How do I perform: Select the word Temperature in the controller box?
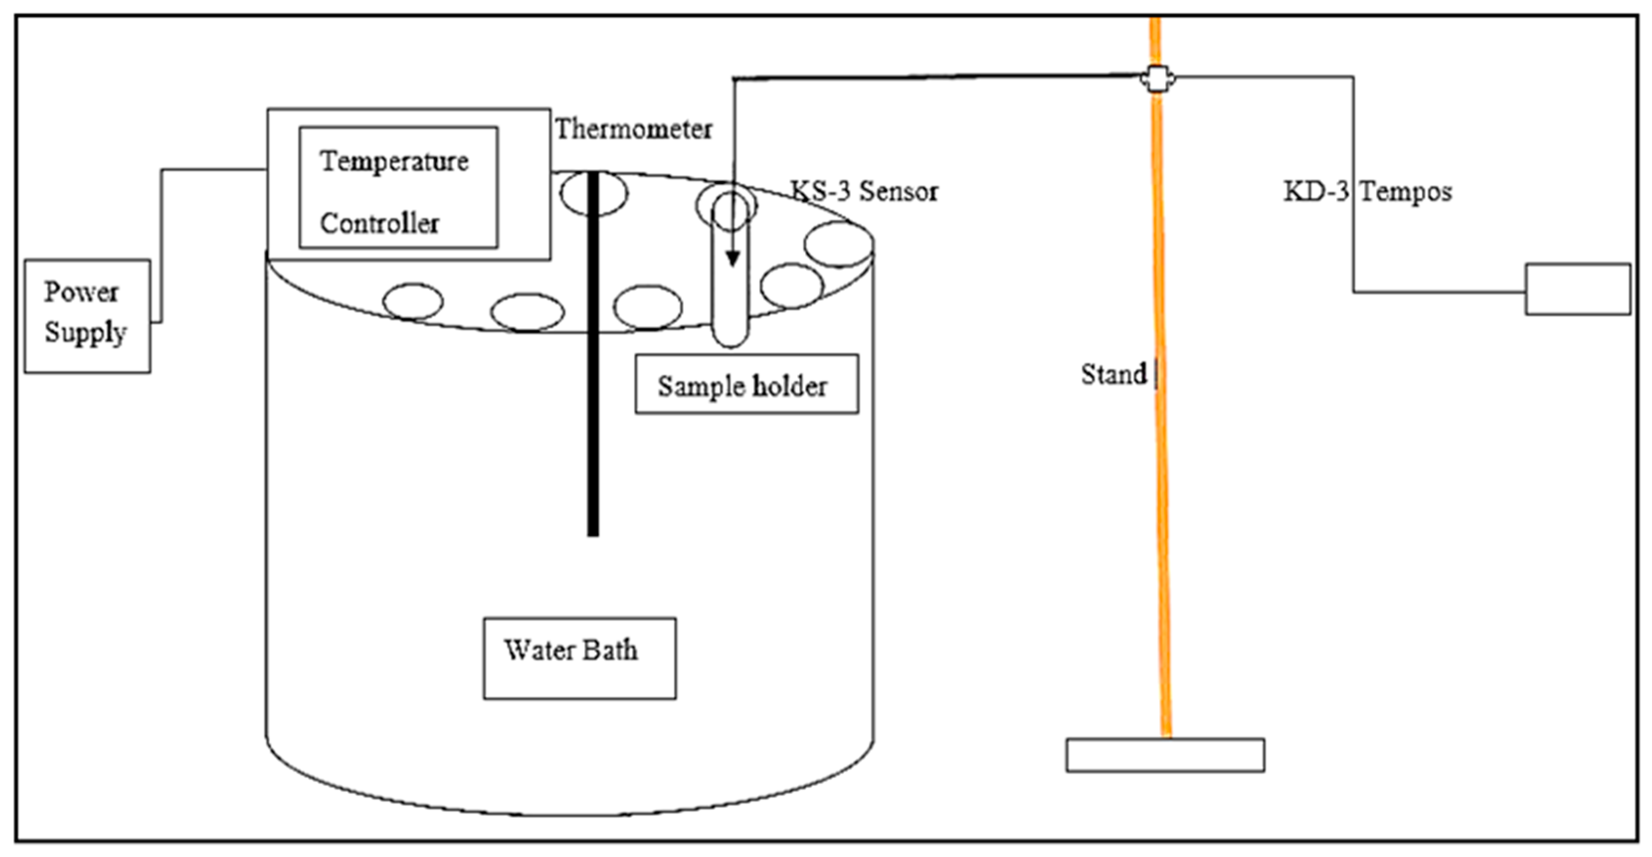(x=394, y=162)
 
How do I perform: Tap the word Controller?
(x=379, y=224)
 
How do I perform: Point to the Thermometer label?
(x=633, y=129)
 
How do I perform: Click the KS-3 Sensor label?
(x=864, y=191)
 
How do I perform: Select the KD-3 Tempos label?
(x=1367, y=191)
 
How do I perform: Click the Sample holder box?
(x=746, y=385)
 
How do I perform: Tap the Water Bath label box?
(x=579, y=658)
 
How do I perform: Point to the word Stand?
(x=1113, y=374)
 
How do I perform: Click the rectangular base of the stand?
(x=1165, y=755)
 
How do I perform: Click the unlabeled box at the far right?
(x=1577, y=289)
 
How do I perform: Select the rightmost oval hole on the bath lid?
(x=838, y=244)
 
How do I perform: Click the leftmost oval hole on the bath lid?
(x=413, y=301)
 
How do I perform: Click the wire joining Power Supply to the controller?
(x=162, y=244)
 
